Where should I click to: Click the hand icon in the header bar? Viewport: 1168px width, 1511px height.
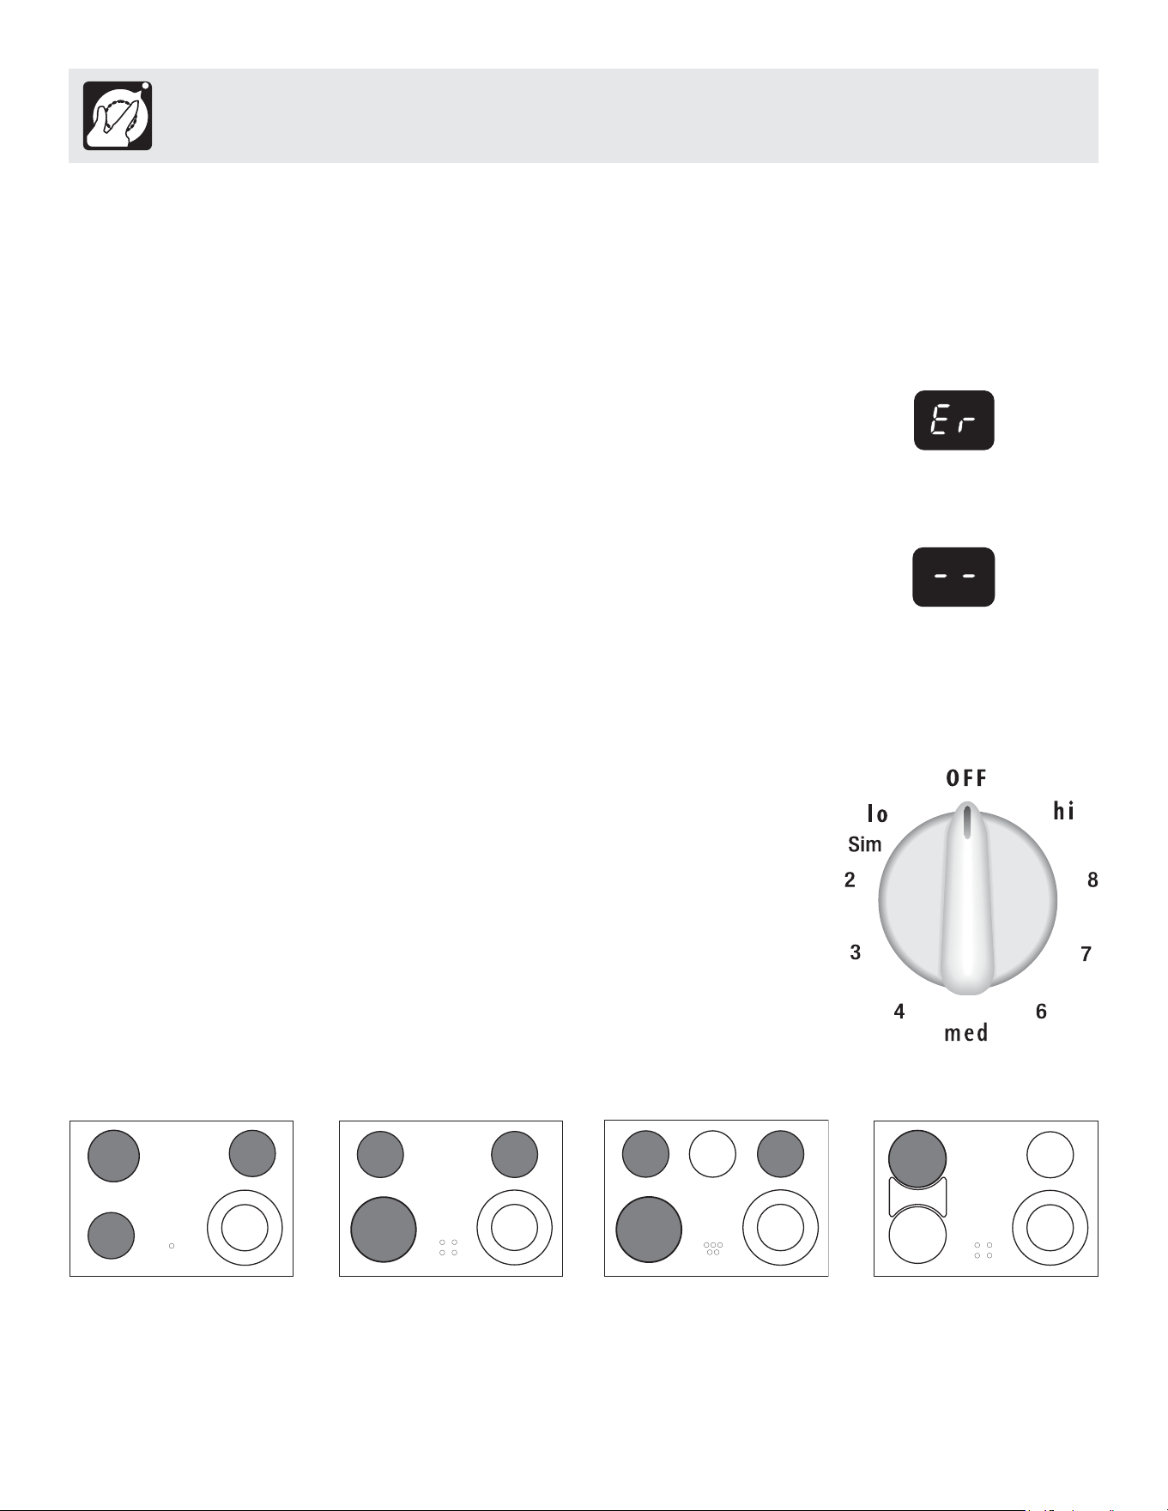pyautogui.click(x=118, y=116)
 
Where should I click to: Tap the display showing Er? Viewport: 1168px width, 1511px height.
pyautogui.click(x=953, y=420)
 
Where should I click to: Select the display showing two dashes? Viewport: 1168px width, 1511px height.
pyautogui.click(x=953, y=577)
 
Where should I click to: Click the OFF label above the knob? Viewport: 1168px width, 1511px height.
pyautogui.click(x=966, y=778)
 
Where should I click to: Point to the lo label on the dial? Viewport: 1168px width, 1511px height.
pyautogui.click(x=877, y=813)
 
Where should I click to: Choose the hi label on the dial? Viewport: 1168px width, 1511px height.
pyautogui.click(x=1064, y=811)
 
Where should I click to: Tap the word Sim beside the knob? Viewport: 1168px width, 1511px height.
pyautogui.click(x=865, y=844)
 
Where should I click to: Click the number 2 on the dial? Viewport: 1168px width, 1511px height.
pyautogui.click(x=850, y=879)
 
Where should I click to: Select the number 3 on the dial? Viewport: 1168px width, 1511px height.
pyautogui.click(x=856, y=952)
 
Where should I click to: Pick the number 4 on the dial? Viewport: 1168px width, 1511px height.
pyautogui.click(x=899, y=1012)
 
